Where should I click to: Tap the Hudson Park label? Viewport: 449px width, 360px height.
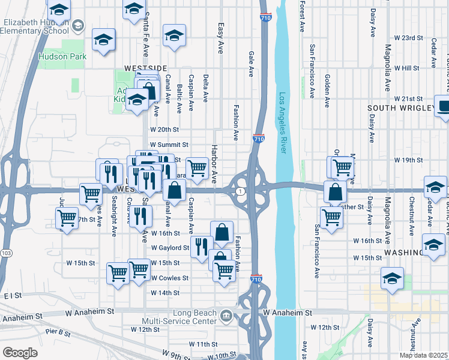62,56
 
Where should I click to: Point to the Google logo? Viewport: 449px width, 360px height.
20,353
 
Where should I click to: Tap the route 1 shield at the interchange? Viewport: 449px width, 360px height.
241,191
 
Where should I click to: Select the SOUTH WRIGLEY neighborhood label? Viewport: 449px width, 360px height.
400,108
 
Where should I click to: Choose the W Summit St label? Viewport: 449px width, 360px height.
169,145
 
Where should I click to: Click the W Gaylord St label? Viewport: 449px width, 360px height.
170,247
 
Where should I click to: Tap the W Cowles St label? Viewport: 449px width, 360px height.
169,278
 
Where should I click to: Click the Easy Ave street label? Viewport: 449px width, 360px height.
220,38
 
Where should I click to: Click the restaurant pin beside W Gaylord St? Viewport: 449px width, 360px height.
201,246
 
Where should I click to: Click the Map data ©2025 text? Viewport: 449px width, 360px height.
423,355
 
